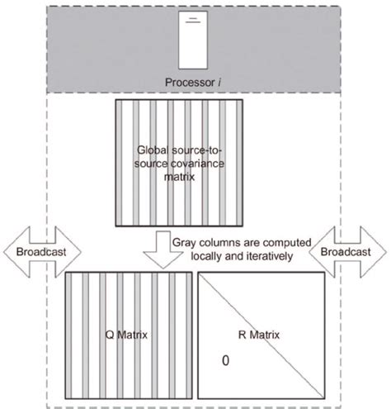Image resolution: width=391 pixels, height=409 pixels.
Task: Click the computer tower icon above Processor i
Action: [x=194, y=45]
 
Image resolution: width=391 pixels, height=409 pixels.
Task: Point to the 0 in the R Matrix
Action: [x=224, y=361]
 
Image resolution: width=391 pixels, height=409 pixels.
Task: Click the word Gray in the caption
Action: [x=187, y=242]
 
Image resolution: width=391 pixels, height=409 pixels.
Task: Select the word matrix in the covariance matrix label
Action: [x=195, y=177]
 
